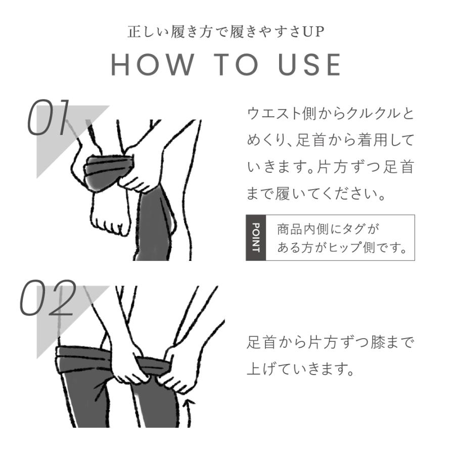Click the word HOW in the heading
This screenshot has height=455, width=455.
click(153, 65)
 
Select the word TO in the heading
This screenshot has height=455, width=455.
click(236, 65)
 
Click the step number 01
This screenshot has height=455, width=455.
click(49, 117)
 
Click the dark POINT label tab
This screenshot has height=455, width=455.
click(256, 238)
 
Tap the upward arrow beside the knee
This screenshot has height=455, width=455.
click(189, 413)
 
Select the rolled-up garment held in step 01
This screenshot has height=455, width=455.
click(109, 173)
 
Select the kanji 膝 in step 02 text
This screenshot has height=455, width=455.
click(378, 342)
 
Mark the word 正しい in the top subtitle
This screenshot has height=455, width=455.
click(148, 32)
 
